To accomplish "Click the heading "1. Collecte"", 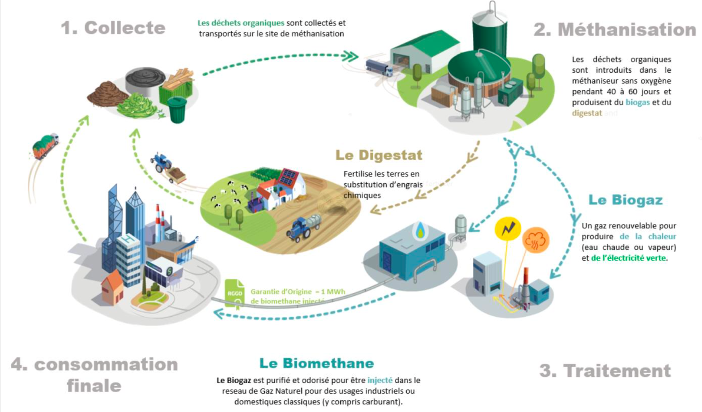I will click(113, 28).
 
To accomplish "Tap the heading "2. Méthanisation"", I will click(614, 30).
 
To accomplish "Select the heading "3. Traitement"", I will click(605, 371).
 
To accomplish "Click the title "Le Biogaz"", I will click(625, 201).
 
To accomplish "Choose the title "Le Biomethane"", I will click(316, 363).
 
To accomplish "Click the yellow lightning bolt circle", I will click(507, 229).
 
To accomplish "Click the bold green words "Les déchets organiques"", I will click(241, 23).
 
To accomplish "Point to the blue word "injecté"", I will click(381, 380).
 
